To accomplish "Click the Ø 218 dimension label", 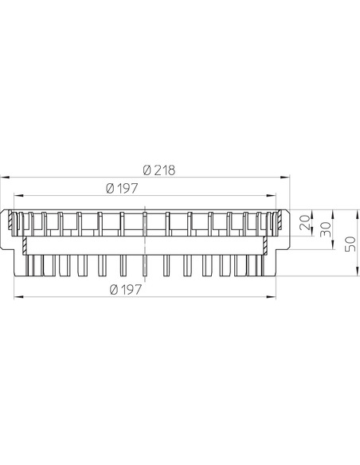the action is (159, 170).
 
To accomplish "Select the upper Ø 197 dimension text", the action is (122, 189).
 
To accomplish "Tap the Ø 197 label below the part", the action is (126, 290).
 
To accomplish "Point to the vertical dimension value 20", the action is (305, 223).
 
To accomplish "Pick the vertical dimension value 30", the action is (326, 229).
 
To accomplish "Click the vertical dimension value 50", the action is (351, 244).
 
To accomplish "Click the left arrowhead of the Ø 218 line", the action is (5, 178).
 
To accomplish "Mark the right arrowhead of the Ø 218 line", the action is (285, 178).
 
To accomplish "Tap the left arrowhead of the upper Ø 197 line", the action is (18, 195).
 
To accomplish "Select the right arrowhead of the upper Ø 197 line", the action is (271, 195).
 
